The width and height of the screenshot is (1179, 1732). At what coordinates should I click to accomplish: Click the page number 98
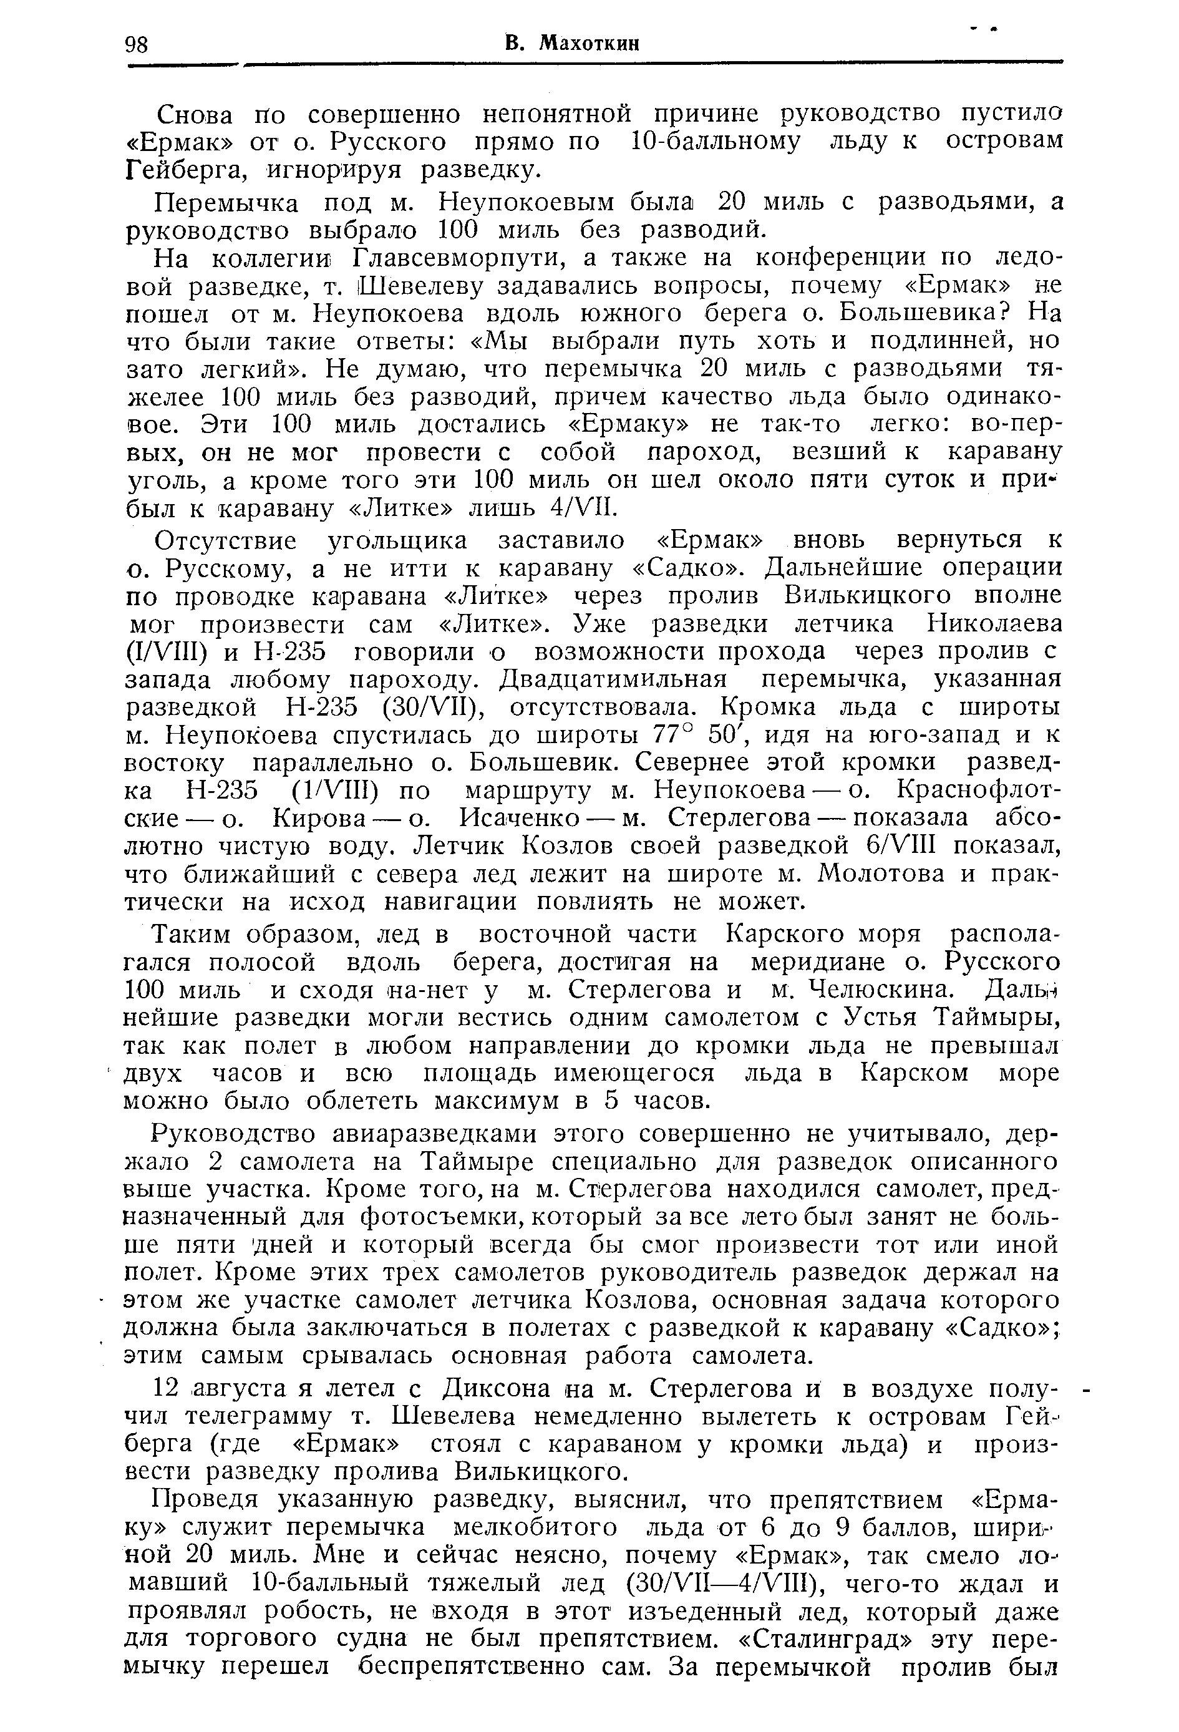pos(137,45)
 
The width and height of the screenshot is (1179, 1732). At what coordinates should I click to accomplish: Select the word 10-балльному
pos(715,142)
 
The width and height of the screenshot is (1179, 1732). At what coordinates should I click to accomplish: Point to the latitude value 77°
pos(674,736)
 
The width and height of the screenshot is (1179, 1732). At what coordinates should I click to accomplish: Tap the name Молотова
pos(883,873)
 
